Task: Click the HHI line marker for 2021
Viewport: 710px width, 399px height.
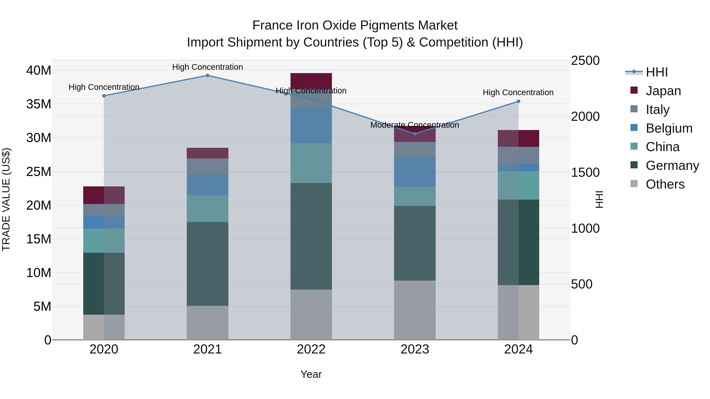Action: (x=207, y=75)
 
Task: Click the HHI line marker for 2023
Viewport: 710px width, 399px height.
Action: (x=415, y=134)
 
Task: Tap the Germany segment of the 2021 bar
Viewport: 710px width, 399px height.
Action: (x=207, y=264)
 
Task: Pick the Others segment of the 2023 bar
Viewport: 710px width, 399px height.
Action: (x=415, y=310)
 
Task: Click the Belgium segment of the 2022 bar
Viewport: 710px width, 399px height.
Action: (x=311, y=126)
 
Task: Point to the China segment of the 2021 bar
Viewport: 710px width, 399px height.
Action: (x=207, y=208)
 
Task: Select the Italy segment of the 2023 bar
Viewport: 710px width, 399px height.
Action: (x=415, y=149)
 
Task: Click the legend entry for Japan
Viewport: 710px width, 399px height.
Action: (x=663, y=91)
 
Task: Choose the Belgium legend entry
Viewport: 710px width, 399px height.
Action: (x=669, y=128)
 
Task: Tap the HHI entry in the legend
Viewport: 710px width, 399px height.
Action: (x=657, y=72)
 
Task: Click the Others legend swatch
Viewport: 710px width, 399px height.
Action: (x=634, y=184)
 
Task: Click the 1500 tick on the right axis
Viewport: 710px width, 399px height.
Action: (x=585, y=172)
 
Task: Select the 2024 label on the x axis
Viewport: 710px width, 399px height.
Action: (x=518, y=349)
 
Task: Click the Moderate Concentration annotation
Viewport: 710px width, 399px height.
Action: (x=415, y=125)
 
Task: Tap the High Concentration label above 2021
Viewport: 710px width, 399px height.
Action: (x=207, y=67)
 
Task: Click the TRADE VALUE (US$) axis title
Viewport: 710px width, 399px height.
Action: (x=6, y=199)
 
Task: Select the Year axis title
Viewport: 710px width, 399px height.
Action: (x=311, y=374)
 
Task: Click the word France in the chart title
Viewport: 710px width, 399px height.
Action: (x=272, y=25)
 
